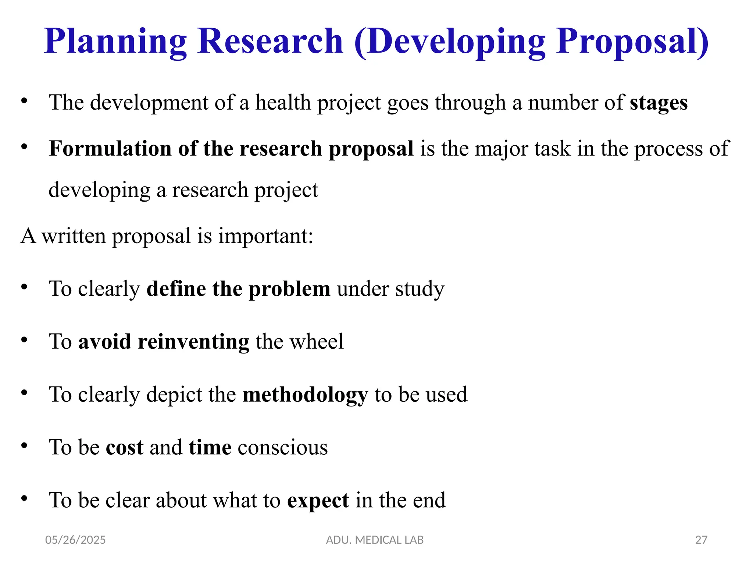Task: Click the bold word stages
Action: coord(659,103)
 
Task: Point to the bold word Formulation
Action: coord(110,149)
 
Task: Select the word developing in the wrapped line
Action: coord(99,191)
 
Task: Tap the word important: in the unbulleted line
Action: coord(266,236)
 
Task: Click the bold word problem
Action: coord(289,289)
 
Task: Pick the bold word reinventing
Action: coord(193,342)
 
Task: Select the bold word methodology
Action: coord(305,395)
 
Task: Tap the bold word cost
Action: coord(125,448)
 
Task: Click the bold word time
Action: coord(210,447)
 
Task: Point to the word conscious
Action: coord(283,448)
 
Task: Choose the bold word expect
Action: coord(318,501)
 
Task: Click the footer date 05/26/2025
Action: coord(75,540)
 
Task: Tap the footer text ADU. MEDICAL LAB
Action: coord(375,540)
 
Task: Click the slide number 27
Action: coord(701,540)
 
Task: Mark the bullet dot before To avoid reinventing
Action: coord(24,340)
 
